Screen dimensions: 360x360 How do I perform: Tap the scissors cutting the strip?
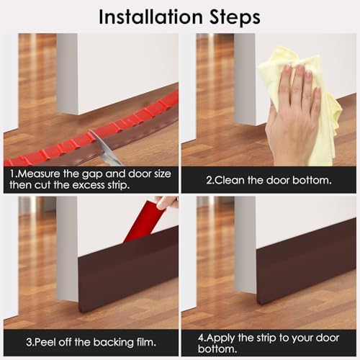(x=104, y=148)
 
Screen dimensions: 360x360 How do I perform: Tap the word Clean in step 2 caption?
(x=230, y=179)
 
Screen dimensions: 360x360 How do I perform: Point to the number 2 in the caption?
(x=210, y=179)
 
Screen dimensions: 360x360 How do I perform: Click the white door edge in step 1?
(x=66, y=72)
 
